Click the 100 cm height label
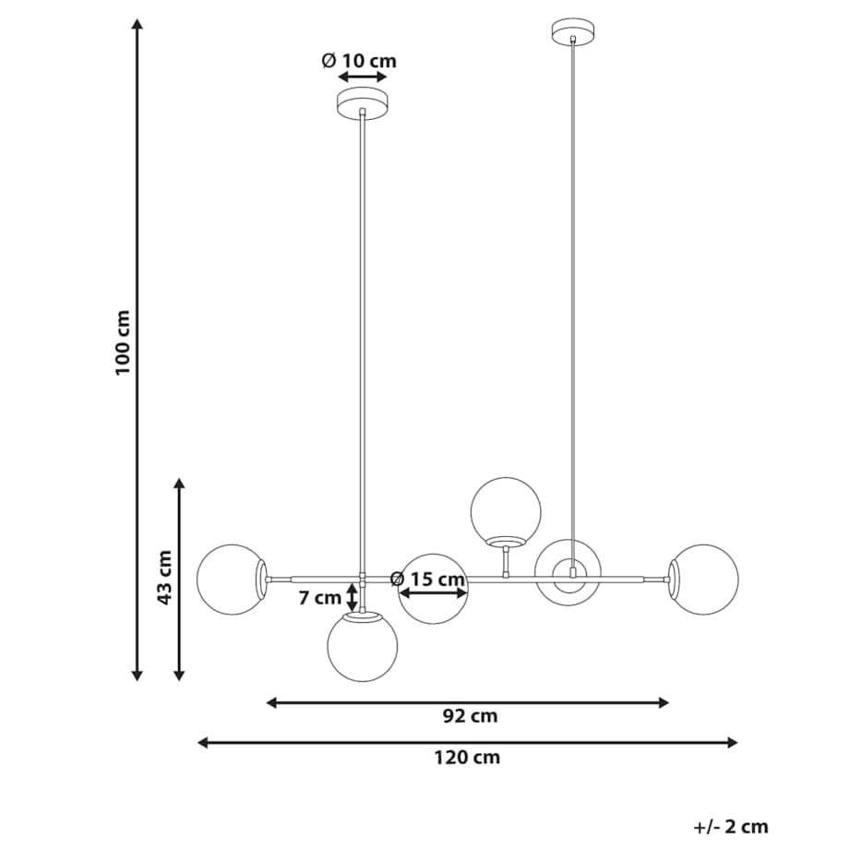(x=123, y=342)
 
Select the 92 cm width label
(x=470, y=716)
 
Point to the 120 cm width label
(x=467, y=757)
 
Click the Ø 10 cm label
(x=359, y=60)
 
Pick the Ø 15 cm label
(x=428, y=579)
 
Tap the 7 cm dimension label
(x=320, y=598)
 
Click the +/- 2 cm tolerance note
(x=731, y=827)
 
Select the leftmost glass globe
(x=233, y=580)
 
